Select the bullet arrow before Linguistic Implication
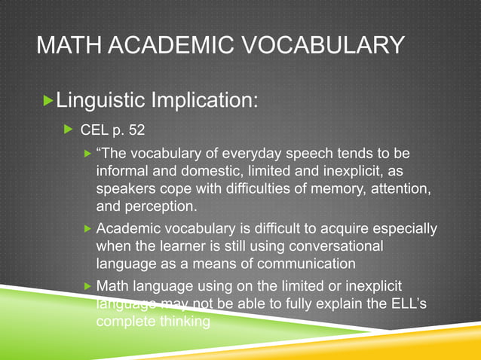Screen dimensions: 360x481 50,99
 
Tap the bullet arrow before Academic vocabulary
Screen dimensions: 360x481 87,228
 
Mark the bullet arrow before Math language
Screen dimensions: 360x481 87,286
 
